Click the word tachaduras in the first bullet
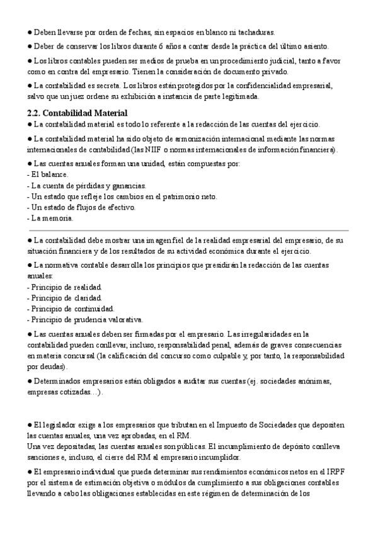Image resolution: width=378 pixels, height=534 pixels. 256,31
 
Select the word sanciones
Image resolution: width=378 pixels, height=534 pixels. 43,457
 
